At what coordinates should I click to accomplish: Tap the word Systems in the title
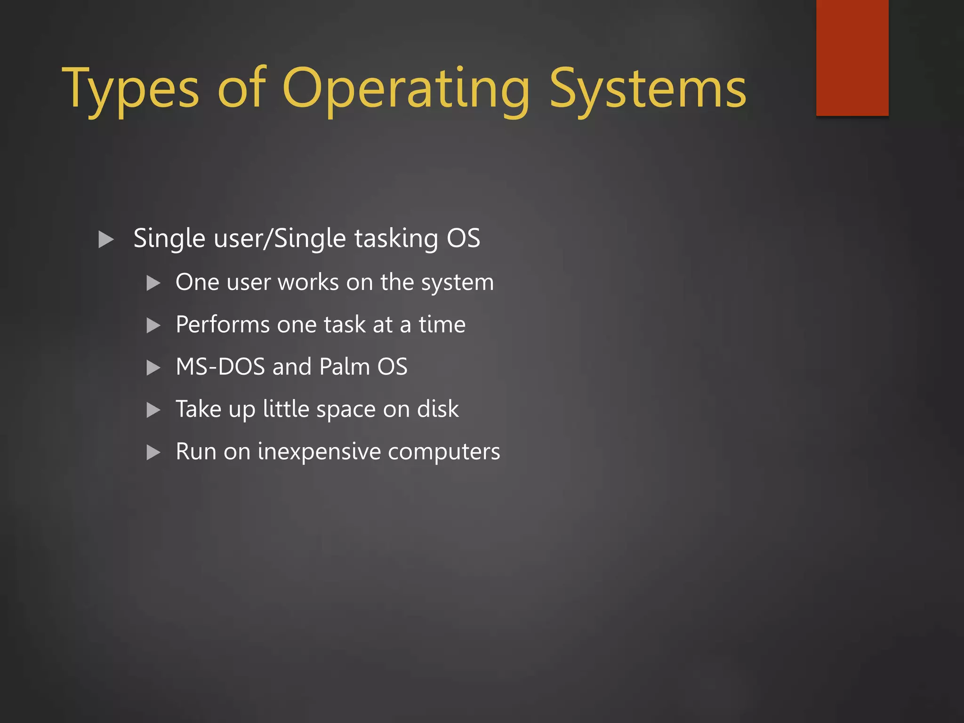[x=648, y=89]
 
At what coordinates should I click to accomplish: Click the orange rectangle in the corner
[x=852, y=57]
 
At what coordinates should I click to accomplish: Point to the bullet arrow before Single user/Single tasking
[x=106, y=239]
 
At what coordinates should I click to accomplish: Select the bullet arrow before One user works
[x=153, y=283]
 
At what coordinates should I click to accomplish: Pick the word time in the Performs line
[x=442, y=325]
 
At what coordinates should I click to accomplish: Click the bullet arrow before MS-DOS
[x=153, y=367]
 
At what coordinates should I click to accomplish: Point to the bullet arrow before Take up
[x=153, y=410]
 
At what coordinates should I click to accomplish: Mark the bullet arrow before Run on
[x=153, y=452]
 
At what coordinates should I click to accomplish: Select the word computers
[x=444, y=452]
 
